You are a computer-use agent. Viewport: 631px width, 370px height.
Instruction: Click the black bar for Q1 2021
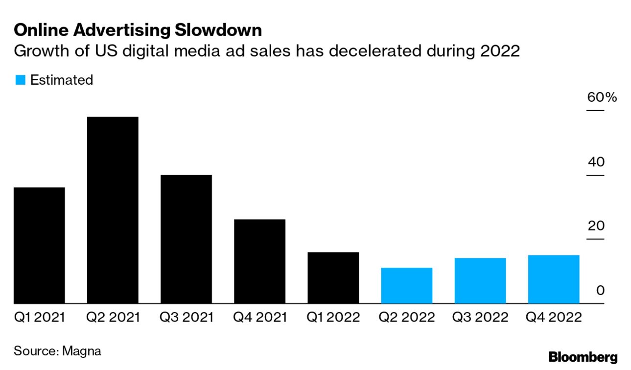(x=39, y=245)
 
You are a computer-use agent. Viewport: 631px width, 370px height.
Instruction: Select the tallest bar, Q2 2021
(x=113, y=210)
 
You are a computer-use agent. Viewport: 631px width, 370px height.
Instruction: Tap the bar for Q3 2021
(x=186, y=239)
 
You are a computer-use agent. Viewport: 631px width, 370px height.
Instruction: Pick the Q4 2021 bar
(x=259, y=261)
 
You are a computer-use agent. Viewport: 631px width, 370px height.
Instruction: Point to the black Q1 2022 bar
(x=333, y=277)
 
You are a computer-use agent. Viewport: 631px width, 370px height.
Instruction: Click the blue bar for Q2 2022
(x=406, y=285)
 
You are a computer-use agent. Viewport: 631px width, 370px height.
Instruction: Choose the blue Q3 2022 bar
(x=480, y=280)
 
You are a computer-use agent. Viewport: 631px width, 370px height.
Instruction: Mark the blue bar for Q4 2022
(x=554, y=279)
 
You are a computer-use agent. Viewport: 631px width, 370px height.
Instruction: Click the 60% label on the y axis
(x=602, y=97)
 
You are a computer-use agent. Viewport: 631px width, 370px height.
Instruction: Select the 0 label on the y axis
(x=600, y=290)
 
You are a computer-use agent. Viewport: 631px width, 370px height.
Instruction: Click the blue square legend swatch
(x=20, y=80)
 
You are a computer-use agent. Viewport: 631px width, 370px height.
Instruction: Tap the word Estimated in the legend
(x=62, y=80)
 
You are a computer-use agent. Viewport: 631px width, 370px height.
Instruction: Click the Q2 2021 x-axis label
(x=113, y=318)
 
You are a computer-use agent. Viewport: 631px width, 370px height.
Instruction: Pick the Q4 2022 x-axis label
(x=554, y=318)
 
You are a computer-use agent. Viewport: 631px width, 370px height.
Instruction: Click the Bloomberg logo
(x=583, y=357)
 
